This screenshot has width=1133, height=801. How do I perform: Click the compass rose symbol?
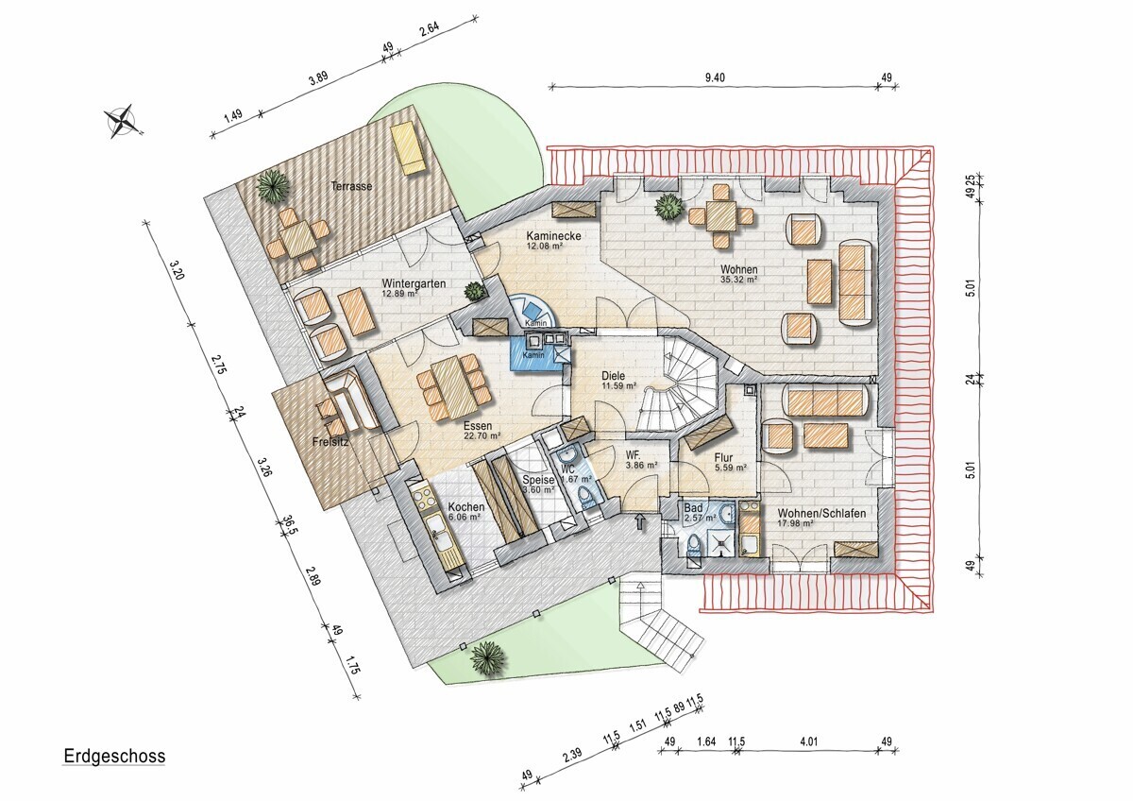coord(122,121)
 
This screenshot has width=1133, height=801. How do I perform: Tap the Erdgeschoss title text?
coord(114,756)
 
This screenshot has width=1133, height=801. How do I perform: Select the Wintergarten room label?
coord(414,283)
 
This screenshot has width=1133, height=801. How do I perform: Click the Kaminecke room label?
coord(553,236)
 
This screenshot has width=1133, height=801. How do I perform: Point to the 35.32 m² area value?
coord(738,279)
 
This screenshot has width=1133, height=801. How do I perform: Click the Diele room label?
coord(613,376)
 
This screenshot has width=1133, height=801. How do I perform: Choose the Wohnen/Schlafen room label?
coord(822,513)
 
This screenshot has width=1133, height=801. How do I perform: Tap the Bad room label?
coord(693,508)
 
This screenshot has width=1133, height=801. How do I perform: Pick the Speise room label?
coord(538,480)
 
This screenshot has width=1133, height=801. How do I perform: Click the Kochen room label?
coord(466,507)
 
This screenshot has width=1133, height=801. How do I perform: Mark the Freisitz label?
coord(330,442)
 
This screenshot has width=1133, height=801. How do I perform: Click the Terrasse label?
coord(351,186)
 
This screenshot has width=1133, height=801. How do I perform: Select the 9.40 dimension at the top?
coord(715,77)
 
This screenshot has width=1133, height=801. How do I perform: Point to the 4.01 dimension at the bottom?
coord(809,741)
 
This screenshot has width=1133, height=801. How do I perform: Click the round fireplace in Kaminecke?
coord(533,310)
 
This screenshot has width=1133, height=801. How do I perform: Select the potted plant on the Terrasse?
coord(274,186)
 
